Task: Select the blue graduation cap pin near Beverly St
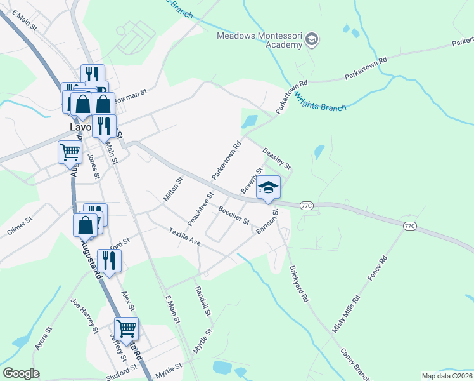pyautogui.click(x=268, y=187)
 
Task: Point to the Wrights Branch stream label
pyautogui.click(x=321, y=104)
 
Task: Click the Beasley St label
pyautogui.click(x=277, y=158)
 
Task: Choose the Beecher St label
pyautogui.click(x=234, y=215)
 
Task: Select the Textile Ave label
pyautogui.click(x=184, y=238)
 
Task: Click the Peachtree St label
pyautogui.click(x=200, y=207)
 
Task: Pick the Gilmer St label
pyautogui.click(x=19, y=227)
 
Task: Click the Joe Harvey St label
pyautogui.click(x=84, y=316)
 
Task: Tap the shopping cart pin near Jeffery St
pyautogui.click(x=127, y=328)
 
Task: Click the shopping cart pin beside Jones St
pyautogui.click(x=69, y=152)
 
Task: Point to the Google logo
pyautogui.click(x=21, y=373)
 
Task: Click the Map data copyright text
pyautogui.click(x=447, y=376)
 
